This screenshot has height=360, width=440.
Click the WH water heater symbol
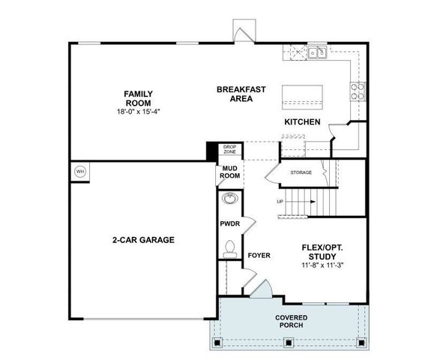[x=80, y=172]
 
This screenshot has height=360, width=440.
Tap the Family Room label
[x=139, y=98]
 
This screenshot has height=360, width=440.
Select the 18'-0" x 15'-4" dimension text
[x=139, y=112]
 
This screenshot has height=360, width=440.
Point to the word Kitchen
[x=302, y=121]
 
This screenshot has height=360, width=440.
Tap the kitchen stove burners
[x=358, y=91]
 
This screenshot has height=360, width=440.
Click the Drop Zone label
[x=229, y=149]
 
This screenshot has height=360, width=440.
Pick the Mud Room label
[x=229, y=172]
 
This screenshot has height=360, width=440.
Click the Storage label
[x=301, y=172]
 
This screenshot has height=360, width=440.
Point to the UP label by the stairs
[x=280, y=201]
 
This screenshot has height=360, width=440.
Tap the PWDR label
[x=229, y=223]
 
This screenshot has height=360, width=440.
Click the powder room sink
[x=230, y=199]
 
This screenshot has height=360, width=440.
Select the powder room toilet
[x=230, y=247]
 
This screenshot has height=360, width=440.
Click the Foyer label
[x=259, y=255]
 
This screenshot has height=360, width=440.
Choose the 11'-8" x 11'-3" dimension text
[x=322, y=265]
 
